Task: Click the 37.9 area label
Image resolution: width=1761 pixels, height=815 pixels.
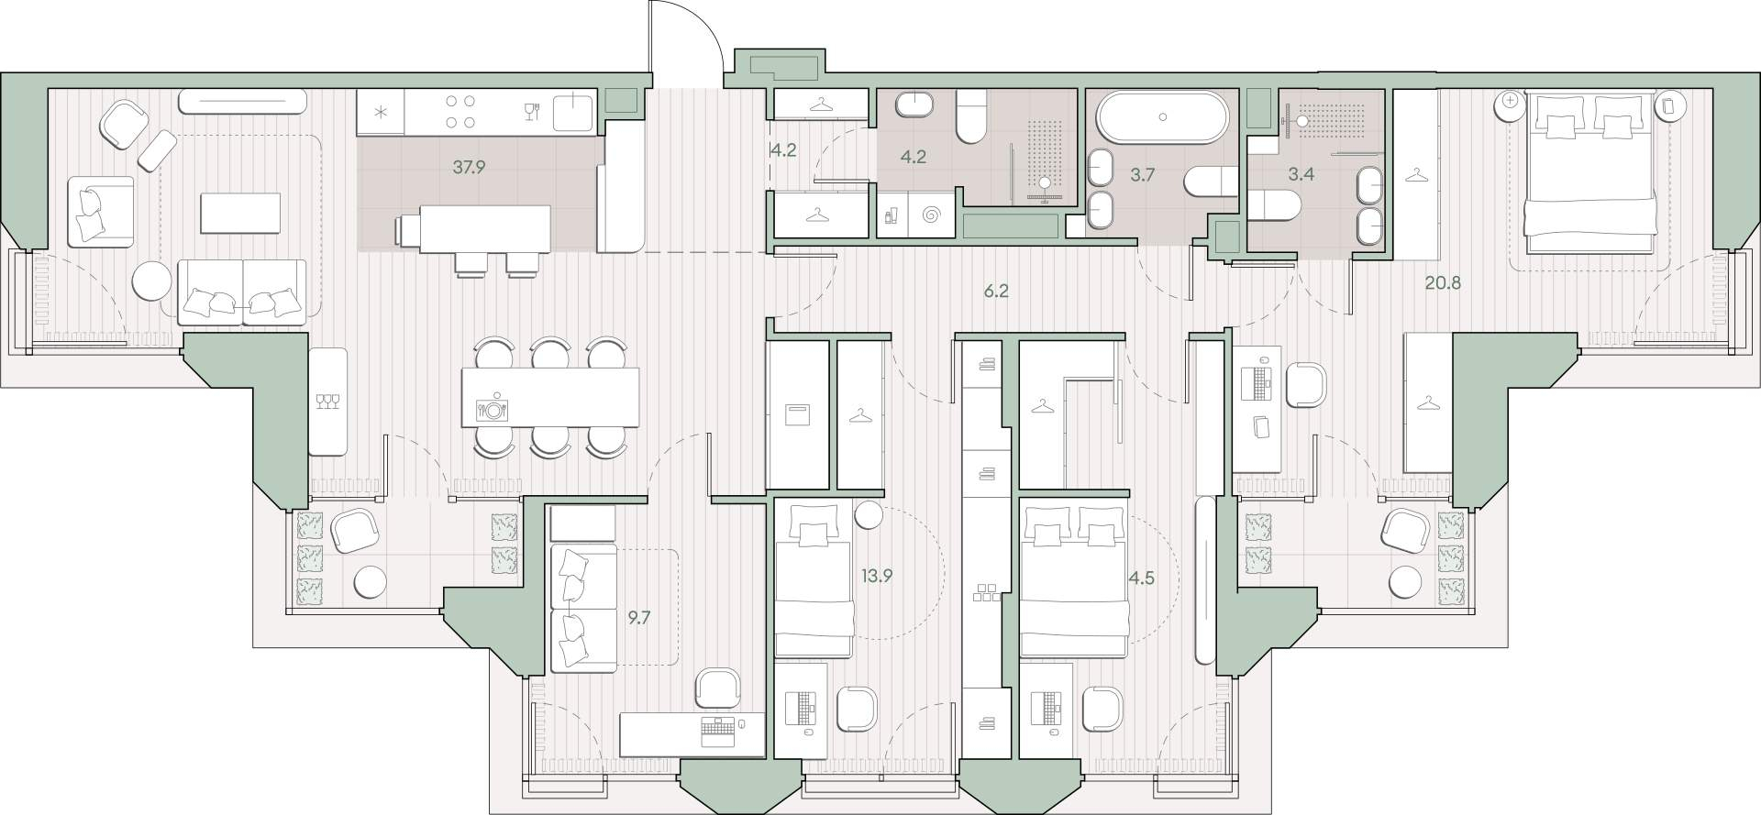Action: click(x=469, y=168)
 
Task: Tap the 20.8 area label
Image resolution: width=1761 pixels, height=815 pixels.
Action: click(x=1442, y=283)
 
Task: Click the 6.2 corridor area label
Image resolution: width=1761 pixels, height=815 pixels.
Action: click(x=996, y=292)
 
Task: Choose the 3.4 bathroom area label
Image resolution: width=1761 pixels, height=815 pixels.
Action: click(x=1301, y=174)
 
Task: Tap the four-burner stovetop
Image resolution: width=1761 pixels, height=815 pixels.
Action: click(x=459, y=112)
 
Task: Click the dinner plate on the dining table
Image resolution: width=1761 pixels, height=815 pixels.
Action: click(x=493, y=409)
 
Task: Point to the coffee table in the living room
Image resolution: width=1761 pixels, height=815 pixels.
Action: click(x=241, y=213)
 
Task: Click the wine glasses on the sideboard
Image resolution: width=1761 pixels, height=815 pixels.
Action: click(x=327, y=402)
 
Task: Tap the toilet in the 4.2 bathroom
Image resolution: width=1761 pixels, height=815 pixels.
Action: click(x=972, y=120)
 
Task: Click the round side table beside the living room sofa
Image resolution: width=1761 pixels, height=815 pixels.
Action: click(x=152, y=281)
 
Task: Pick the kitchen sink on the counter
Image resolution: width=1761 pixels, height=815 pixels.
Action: click(x=575, y=112)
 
